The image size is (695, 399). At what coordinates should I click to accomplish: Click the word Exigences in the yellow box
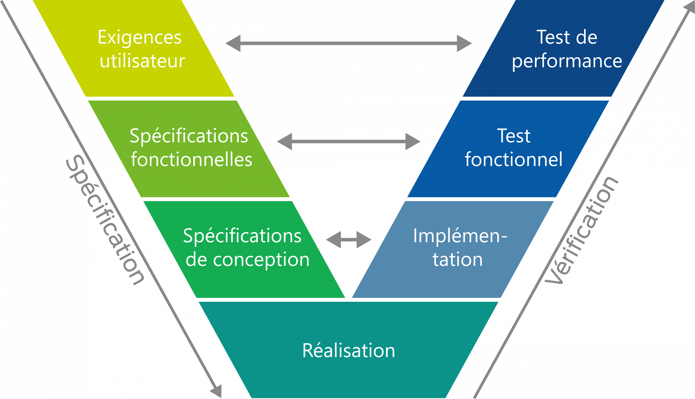pos(139,38)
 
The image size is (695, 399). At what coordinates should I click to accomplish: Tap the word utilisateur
pos(142,61)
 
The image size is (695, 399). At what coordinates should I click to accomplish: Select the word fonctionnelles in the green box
pos(191,159)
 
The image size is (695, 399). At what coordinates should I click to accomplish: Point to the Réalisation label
pos(349,350)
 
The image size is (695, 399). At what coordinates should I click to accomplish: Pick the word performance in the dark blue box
pos(567,61)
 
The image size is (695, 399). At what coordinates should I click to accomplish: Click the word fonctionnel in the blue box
pos(513,159)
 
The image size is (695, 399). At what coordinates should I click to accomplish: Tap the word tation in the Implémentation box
pos(458,259)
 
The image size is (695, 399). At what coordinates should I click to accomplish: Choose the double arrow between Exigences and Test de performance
pos(349,43)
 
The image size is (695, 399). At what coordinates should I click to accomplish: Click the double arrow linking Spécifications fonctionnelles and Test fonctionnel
pos(349,142)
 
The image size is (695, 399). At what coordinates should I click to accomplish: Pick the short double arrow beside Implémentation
pos(349,240)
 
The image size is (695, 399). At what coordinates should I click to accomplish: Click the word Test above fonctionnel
pos(514,136)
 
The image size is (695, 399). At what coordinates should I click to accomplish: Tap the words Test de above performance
pos(567,38)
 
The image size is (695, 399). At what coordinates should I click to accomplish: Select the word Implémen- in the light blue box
pos(460,236)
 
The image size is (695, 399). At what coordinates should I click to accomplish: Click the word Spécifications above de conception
pos(242,236)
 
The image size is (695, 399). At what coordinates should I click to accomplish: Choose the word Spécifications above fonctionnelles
pos(189,136)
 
